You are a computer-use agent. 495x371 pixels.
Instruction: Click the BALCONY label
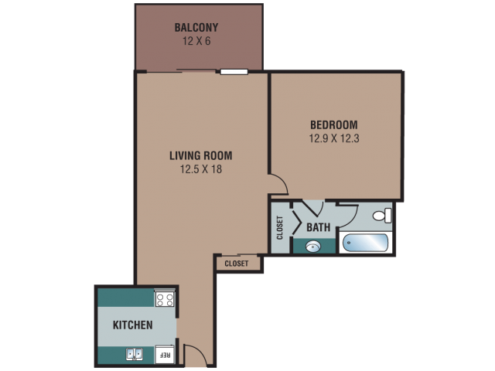tap(196, 28)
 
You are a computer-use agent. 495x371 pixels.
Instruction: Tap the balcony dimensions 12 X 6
tap(196, 41)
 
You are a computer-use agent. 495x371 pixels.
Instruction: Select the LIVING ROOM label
tap(201, 155)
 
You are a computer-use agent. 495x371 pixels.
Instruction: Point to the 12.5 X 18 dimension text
tap(201, 169)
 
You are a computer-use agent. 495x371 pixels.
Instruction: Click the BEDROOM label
tap(334, 125)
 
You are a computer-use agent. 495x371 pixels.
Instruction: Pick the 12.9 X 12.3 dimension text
tap(334, 138)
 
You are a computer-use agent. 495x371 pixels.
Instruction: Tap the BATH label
tap(318, 227)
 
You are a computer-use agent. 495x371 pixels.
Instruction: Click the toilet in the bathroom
tap(382, 216)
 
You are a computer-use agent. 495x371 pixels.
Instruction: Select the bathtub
tap(365, 243)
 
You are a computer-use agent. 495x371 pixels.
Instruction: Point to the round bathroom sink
tap(313, 247)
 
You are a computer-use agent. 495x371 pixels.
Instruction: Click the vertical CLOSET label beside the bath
tap(280, 228)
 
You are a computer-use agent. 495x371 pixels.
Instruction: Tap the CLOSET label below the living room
tap(237, 264)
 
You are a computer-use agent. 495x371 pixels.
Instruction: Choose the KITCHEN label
tap(132, 325)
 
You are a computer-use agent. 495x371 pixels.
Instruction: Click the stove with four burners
tap(165, 299)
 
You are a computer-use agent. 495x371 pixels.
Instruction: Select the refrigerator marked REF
tap(165, 355)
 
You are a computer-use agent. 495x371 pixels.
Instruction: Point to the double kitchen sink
tap(135, 354)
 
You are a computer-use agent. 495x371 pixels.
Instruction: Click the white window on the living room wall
tap(234, 72)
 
